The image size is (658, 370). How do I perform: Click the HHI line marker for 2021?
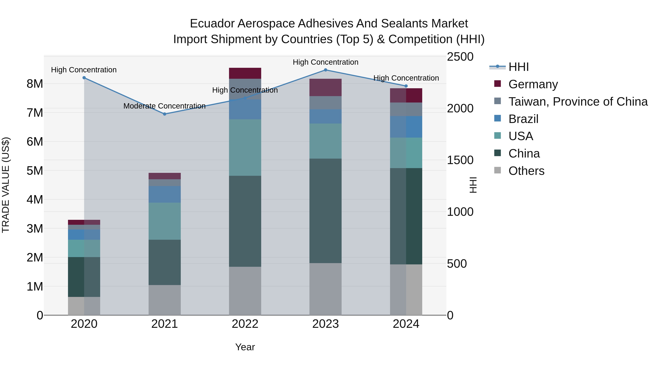coord(164,114)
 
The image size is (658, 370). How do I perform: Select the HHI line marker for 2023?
coord(325,70)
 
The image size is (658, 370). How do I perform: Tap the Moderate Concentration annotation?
coord(164,106)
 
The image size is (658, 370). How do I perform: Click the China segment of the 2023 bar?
coord(325,211)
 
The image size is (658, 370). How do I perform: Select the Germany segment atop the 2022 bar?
coord(245,73)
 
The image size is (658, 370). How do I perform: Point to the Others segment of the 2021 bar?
coord(164,300)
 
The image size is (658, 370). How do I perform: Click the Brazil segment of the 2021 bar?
coord(164,194)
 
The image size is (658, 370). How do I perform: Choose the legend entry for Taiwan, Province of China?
coord(578,101)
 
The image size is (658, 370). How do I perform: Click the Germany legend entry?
coord(533,84)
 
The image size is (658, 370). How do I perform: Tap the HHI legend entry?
coord(518,67)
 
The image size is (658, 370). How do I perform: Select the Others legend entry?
coord(526,171)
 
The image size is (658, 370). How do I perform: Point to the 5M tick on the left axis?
coord(35,171)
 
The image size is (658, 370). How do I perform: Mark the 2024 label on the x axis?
coord(406,324)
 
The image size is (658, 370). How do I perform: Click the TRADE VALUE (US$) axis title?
coord(6,185)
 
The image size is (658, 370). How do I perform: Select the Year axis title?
coord(245,347)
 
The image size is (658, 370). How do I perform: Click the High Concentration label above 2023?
coord(325,62)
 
